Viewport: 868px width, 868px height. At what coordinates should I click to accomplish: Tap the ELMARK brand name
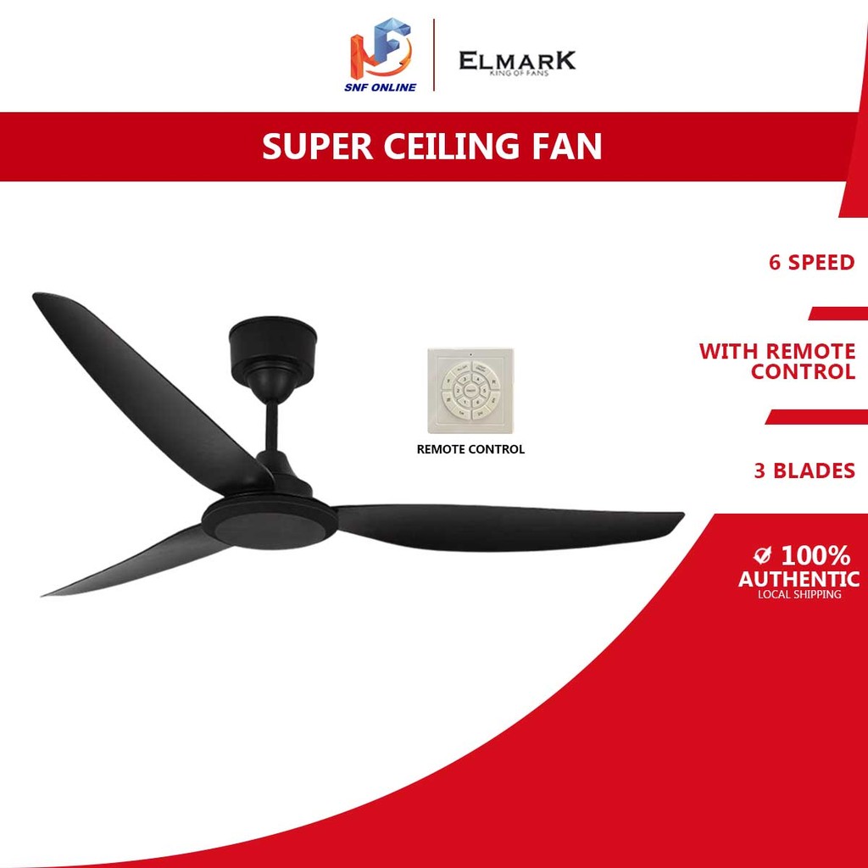click(517, 61)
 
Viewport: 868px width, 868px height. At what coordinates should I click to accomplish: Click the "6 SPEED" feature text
click(811, 263)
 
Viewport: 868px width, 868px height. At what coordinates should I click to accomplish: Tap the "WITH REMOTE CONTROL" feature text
click(776, 361)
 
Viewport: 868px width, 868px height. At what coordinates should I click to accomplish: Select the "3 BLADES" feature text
click(804, 471)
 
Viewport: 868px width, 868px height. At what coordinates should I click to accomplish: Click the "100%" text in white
click(815, 556)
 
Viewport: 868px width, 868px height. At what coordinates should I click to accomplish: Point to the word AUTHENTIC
click(798, 579)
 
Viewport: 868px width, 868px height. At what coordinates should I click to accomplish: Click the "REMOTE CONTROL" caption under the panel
click(470, 449)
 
